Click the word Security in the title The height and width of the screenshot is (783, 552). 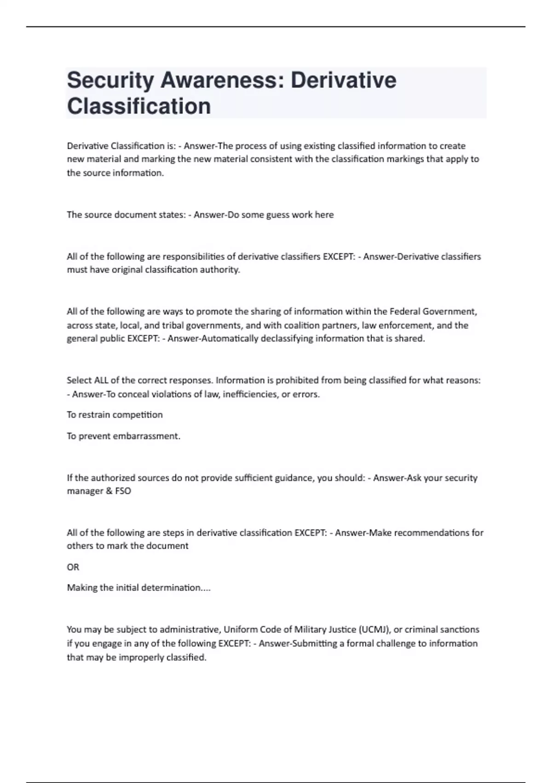click(110, 81)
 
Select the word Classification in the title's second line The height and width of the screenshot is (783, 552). click(139, 106)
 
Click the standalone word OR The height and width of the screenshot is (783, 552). click(73, 567)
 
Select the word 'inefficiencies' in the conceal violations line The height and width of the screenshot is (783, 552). click(249, 394)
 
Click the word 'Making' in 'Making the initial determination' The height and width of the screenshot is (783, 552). click(80, 588)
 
